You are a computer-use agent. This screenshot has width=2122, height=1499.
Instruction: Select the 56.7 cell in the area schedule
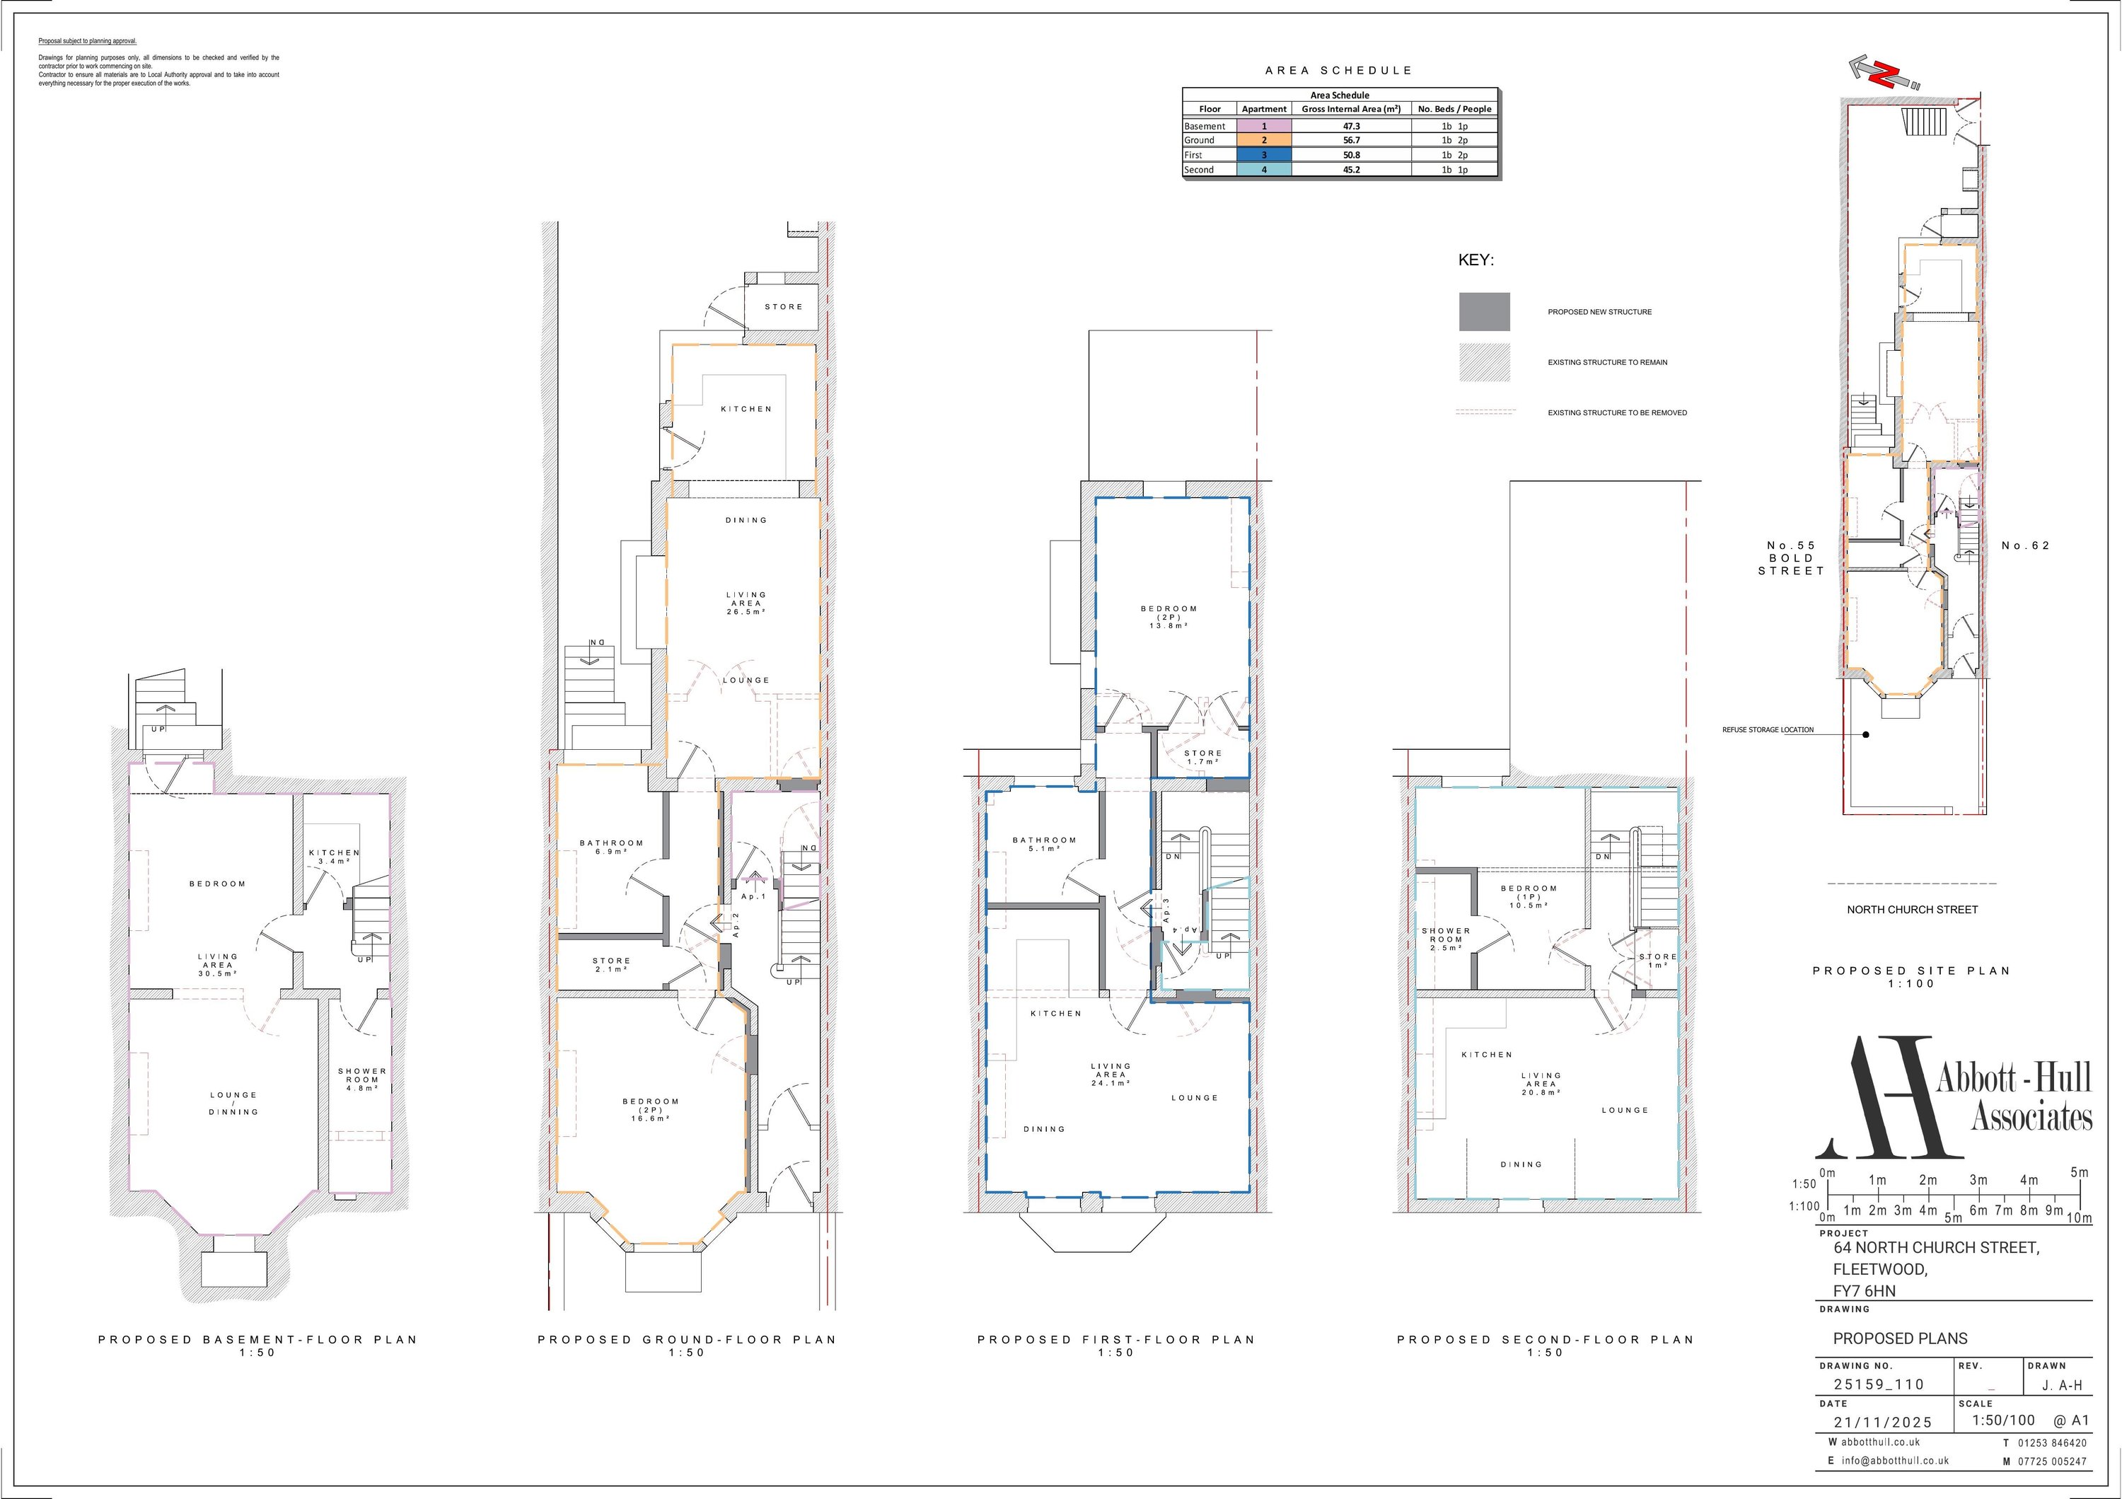[1351, 141]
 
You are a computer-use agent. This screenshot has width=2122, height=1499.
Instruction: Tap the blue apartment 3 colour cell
[1263, 155]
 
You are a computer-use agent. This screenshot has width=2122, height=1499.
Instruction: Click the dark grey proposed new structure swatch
[1483, 311]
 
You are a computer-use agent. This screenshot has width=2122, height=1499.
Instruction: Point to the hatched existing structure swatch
[1483, 362]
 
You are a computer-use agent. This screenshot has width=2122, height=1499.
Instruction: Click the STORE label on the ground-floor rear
[784, 307]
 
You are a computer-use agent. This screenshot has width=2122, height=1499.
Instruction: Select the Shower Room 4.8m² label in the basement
[362, 1080]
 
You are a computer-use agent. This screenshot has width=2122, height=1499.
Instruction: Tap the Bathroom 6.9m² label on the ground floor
[611, 847]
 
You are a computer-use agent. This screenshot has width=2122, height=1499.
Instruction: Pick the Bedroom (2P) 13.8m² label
[1169, 616]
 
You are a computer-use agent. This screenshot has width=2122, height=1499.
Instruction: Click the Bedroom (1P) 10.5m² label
[1529, 896]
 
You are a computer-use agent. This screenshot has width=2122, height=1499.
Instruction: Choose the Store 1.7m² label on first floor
[1202, 757]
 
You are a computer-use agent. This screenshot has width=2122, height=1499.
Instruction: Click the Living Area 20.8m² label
[1541, 1083]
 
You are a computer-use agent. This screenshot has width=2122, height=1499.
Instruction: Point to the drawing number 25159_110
[1879, 1384]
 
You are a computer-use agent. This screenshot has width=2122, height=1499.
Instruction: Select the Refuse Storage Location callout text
[1767, 730]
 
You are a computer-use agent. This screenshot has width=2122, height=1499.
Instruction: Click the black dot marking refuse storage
[1866, 735]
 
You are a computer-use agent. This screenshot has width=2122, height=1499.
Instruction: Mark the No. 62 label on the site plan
[2025, 545]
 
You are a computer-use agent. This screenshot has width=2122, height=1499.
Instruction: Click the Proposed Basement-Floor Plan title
[258, 1339]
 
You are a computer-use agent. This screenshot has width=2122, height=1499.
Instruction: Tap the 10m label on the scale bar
[2079, 1218]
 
